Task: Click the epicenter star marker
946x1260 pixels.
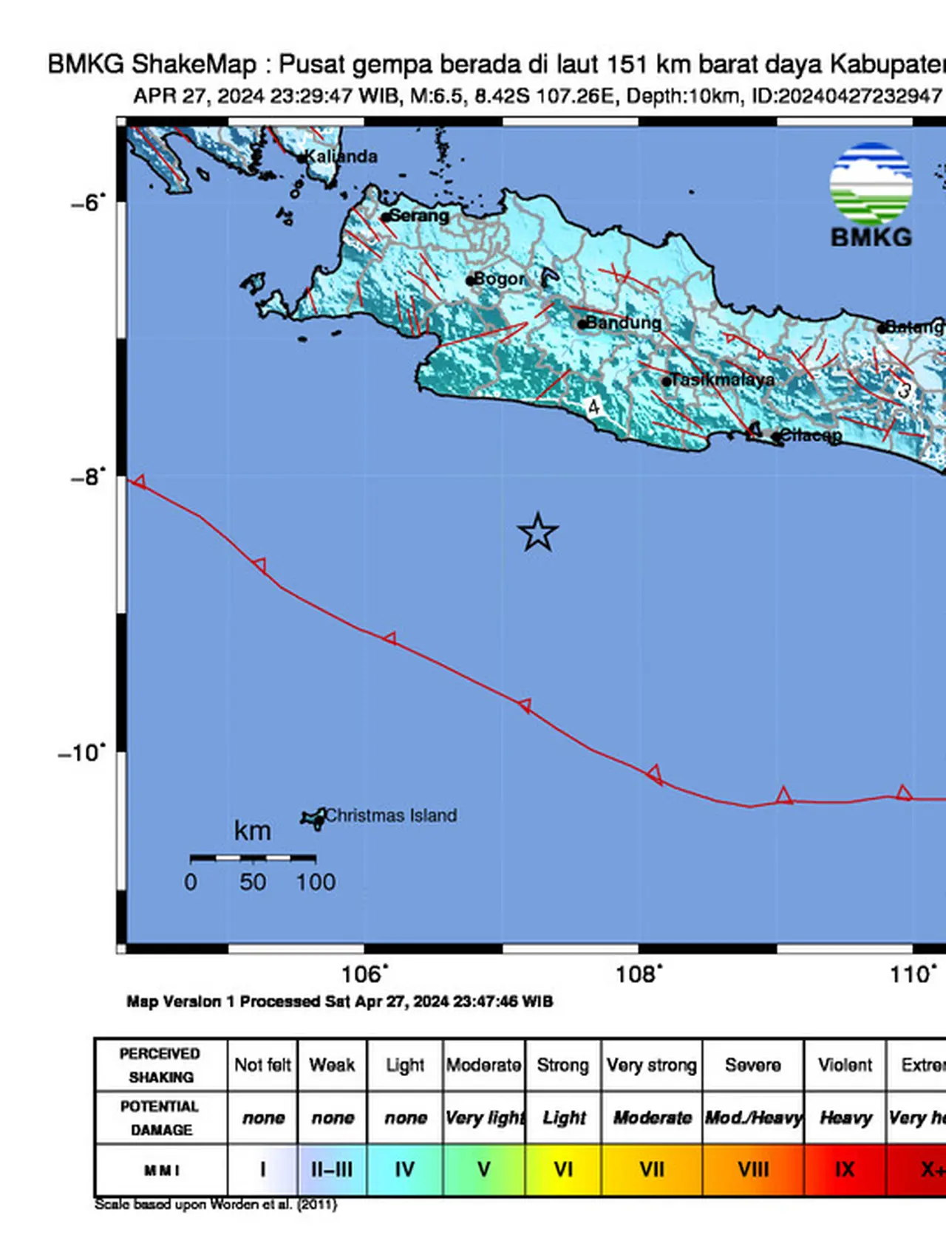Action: (537, 533)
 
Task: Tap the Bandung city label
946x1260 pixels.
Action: (624, 323)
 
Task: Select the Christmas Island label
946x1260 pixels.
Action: (390, 815)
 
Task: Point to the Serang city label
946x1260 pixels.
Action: (418, 216)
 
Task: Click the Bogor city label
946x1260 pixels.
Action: (499, 279)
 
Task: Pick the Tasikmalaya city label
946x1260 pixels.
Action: (723, 380)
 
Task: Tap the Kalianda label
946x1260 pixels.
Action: (341, 157)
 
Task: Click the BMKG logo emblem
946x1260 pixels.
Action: (871, 184)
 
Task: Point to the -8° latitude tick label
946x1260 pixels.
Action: (88, 477)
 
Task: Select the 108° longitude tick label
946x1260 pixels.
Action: (638, 974)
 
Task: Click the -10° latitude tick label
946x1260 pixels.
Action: (82, 753)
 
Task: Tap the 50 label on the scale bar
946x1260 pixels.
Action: (252, 882)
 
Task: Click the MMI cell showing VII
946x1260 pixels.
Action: (651, 1170)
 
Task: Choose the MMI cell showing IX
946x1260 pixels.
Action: (844, 1170)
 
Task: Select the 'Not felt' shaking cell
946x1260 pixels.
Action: (262, 1065)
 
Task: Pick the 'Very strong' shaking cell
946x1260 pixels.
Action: (651, 1065)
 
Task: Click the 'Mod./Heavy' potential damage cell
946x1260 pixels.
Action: (753, 1117)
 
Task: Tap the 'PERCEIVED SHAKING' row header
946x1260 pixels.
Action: (160, 1065)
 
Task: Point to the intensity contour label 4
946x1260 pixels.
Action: (593, 407)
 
